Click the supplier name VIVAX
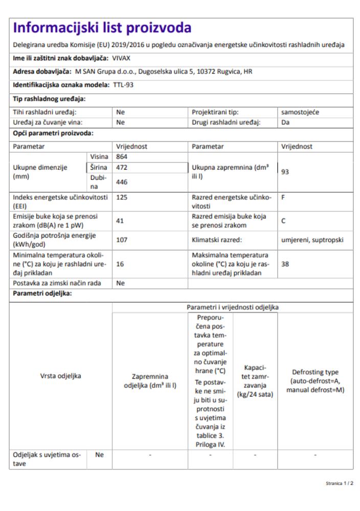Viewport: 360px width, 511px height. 121,58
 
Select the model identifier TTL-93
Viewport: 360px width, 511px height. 123,85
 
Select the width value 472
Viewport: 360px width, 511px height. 122,167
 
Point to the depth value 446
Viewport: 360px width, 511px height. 122,181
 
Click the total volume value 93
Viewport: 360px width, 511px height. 285,172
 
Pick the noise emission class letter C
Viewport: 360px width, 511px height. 283,221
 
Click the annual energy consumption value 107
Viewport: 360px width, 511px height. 122,239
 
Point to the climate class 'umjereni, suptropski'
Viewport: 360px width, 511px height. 312,239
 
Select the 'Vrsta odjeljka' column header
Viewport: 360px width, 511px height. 60,376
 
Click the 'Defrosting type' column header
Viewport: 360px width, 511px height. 315,376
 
